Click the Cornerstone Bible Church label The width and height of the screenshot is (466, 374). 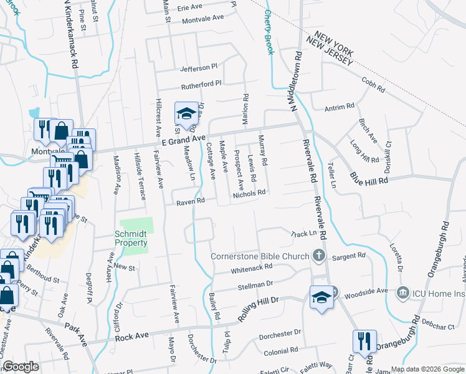259,256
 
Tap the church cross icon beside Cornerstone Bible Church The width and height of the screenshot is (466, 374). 318,255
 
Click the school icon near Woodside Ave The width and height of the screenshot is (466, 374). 321,297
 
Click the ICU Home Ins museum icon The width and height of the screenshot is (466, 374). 402,292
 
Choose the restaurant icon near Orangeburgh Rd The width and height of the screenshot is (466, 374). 363,342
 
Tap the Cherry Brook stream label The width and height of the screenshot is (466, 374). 269,31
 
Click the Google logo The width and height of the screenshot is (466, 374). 21,367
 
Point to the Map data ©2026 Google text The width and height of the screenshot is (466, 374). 427,369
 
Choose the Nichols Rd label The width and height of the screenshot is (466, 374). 249,193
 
